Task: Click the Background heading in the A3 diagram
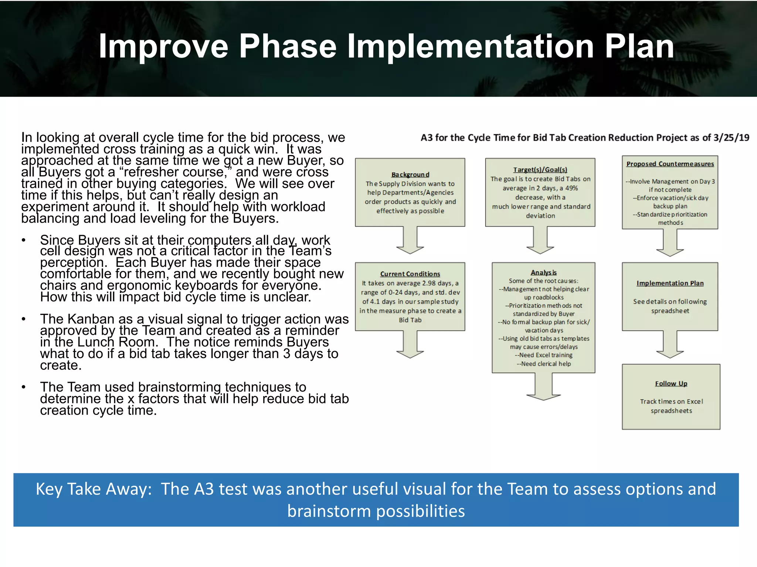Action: click(x=410, y=175)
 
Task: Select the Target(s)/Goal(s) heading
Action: click(x=540, y=170)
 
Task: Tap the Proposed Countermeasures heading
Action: click(x=670, y=164)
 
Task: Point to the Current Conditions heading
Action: click(x=410, y=274)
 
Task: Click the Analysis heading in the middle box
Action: click(x=543, y=272)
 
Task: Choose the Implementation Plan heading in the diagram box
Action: click(x=670, y=283)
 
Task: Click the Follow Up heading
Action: click(x=671, y=384)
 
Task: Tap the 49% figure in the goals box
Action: click(x=571, y=188)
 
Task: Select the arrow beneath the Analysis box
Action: click(x=543, y=388)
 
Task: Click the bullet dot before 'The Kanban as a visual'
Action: click(x=24, y=319)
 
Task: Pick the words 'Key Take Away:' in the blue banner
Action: click(x=94, y=489)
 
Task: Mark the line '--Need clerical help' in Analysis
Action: click(x=543, y=364)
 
